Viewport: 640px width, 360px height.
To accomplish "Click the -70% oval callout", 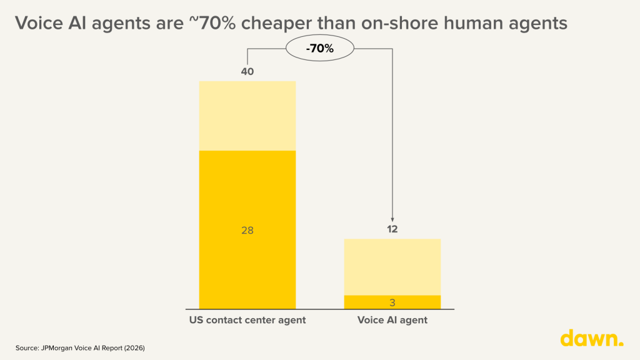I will click(320, 47).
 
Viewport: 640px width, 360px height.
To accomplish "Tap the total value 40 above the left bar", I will click(247, 72).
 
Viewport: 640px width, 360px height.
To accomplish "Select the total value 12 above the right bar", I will click(392, 229).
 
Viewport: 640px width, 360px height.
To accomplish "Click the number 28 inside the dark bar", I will click(247, 231).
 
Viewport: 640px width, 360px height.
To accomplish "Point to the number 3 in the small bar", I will click(392, 303).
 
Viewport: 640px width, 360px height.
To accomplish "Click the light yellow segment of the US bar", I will click(247, 116).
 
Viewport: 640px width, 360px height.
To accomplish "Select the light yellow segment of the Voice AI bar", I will click(392, 267).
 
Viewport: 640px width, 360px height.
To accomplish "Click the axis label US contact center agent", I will click(247, 321).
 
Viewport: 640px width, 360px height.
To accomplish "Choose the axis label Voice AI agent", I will click(392, 321).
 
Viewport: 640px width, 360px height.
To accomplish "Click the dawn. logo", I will click(591, 338).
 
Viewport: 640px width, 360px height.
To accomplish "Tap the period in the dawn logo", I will click(621, 344).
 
